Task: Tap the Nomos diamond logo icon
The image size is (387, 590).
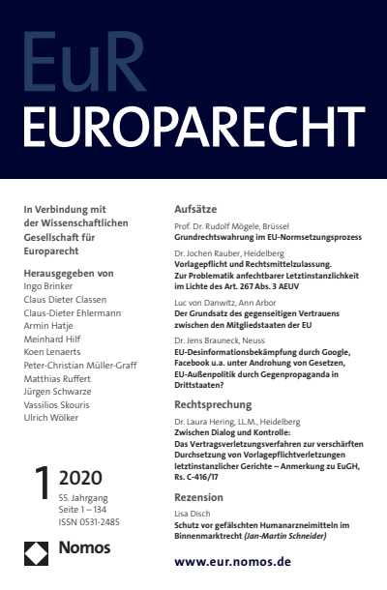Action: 37,555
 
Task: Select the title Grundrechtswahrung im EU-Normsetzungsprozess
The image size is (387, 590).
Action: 254,235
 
